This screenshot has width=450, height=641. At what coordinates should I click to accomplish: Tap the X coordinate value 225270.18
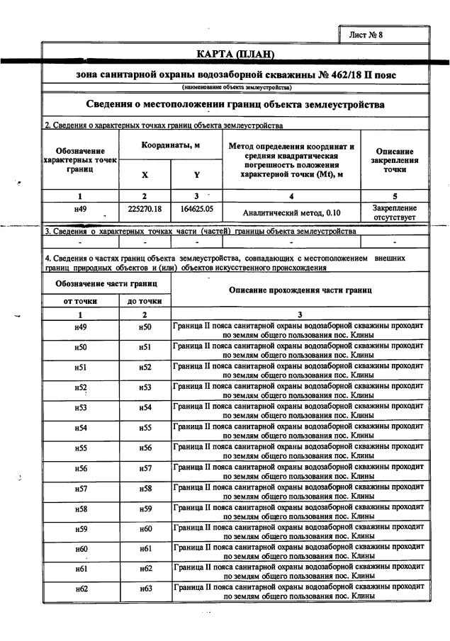(x=145, y=210)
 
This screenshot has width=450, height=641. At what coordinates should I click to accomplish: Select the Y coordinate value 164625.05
(x=197, y=210)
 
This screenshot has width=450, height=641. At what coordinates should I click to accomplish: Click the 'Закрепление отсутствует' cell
(x=394, y=212)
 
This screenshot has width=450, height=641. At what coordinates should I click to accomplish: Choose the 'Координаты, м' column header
(x=171, y=144)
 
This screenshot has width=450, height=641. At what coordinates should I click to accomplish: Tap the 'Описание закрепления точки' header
(x=395, y=161)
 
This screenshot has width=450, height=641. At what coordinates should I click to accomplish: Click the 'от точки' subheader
(x=80, y=301)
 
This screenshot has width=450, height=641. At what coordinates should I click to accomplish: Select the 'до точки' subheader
(x=145, y=301)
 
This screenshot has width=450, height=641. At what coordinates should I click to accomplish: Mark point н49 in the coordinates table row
(x=80, y=210)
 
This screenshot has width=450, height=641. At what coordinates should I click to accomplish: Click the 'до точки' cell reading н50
(x=145, y=327)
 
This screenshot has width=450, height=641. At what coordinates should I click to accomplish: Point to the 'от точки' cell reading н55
(x=80, y=448)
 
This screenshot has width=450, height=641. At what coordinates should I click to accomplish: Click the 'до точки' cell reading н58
(x=145, y=489)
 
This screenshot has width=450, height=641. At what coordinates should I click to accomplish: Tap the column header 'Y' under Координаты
(x=197, y=175)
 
